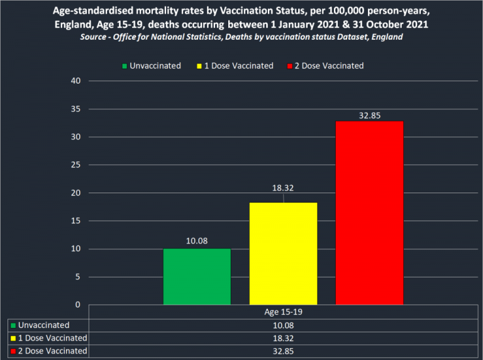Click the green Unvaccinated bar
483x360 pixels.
197,277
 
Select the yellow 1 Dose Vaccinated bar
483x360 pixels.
283,254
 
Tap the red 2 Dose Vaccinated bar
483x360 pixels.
369,213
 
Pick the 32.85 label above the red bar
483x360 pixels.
369,115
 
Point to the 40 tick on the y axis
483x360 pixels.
76,81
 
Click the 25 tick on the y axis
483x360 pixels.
76,165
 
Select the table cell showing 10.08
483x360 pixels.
283,325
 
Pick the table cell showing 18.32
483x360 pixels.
283,338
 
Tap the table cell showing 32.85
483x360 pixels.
283,351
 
